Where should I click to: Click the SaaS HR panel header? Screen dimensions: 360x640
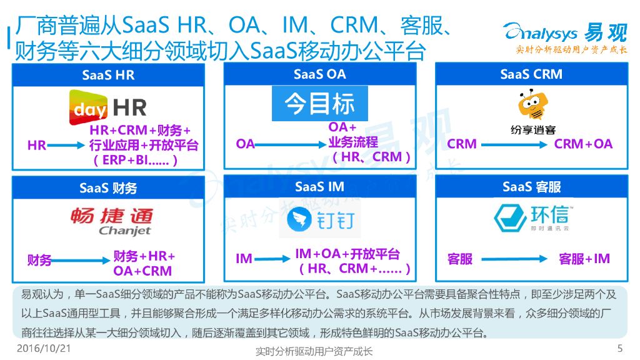(108, 75)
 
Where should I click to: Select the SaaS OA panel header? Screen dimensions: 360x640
(319, 74)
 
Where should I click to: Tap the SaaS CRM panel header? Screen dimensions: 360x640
(531, 74)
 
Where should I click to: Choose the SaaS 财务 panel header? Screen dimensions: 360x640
(108, 187)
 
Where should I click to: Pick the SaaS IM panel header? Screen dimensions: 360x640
(319, 186)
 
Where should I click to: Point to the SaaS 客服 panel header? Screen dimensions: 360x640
(531, 187)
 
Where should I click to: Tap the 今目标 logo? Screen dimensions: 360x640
(319, 104)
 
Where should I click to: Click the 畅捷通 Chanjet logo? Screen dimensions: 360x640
(111, 221)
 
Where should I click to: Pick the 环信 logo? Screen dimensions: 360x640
(531, 216)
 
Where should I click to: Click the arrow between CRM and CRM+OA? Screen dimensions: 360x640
(516, 144)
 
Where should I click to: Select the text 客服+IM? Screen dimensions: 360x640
(584, 259)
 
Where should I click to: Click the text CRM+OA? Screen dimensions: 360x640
(583, 144)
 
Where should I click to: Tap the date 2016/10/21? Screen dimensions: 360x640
(43, 348)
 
